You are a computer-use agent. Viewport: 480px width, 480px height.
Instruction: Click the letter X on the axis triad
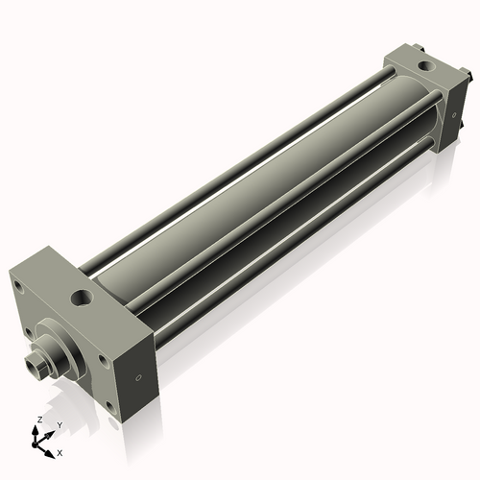[x=60, y=451]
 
